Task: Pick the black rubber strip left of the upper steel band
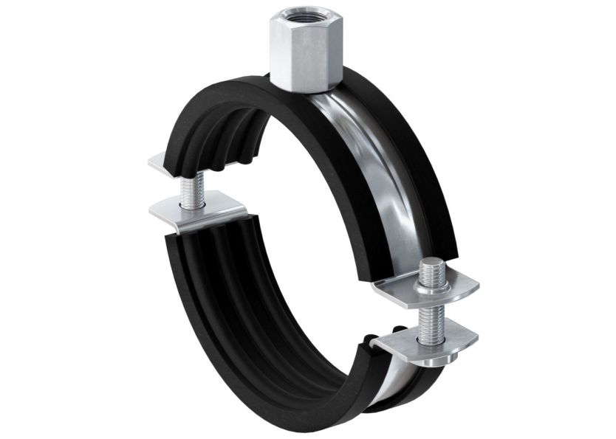[325, 162]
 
